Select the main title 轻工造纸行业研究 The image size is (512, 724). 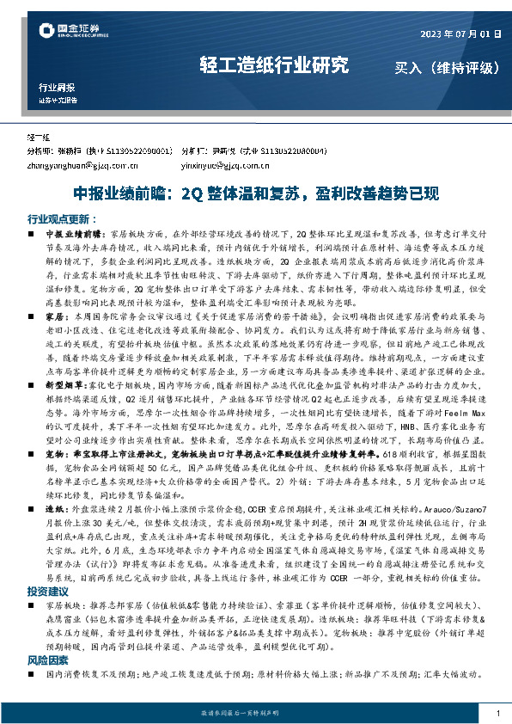coord(274,64)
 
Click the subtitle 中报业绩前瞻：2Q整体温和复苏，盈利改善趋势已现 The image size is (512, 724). coord(256,193)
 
